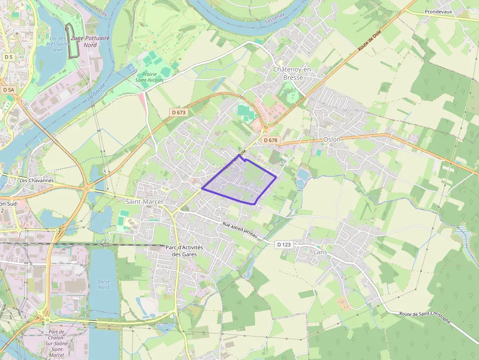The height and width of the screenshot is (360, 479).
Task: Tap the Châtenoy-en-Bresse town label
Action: (x=292, y=73)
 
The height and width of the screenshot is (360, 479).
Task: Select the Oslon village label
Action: (x=332, y=139)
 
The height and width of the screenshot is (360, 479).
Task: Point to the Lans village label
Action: (x=320, y=252)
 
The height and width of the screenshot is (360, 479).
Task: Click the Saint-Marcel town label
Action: (x=144, y=201)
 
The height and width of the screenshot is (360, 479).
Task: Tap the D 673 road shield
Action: (x=179, y=112)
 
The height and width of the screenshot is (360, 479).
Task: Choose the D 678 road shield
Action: (x=270, y=140)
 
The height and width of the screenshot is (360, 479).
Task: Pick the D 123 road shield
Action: (x=283, y=244)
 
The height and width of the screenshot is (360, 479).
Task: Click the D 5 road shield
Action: (x=8, y=57)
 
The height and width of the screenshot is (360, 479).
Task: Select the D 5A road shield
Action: (x=9, y=90)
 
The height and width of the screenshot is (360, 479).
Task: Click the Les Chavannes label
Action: (x=36, y=180)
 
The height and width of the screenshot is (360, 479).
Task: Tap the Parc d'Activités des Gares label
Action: (x=184, y=251)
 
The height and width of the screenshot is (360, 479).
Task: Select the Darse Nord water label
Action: (x=103, y=284)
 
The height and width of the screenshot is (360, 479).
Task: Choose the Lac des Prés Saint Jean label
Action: (x=57, y=43)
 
